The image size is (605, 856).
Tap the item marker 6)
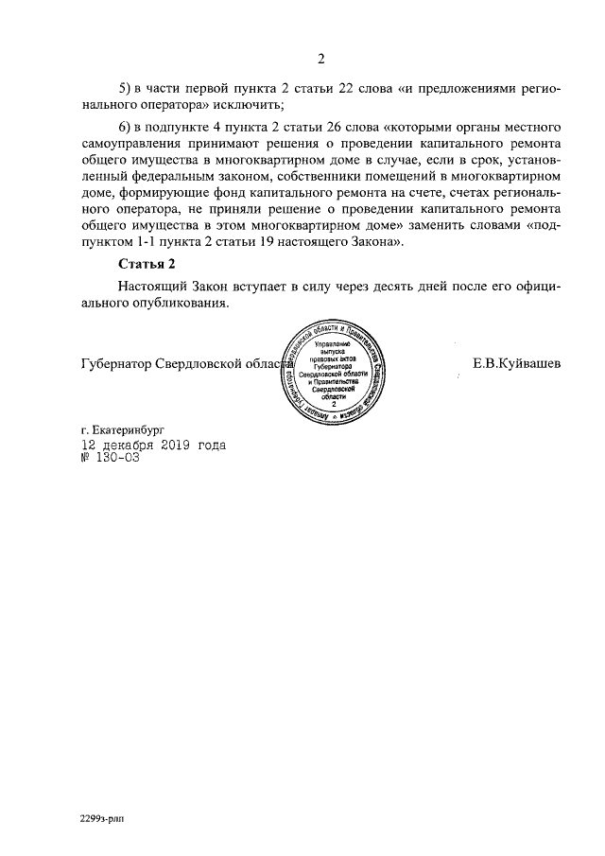point(126,128)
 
